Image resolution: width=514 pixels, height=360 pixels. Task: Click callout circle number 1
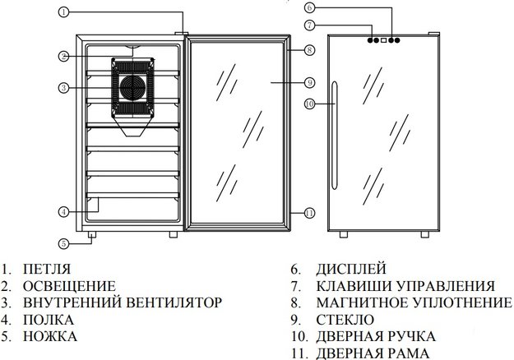[64, 13]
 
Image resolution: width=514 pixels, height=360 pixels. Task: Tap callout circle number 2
[64, 56]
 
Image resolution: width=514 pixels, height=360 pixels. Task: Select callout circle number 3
[64, 86]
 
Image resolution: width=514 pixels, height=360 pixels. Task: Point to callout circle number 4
[64, 212]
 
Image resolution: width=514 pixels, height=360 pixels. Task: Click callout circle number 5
[64, 242]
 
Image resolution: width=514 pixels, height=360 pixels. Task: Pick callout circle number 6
[309, 8]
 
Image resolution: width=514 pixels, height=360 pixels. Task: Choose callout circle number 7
[309, 24]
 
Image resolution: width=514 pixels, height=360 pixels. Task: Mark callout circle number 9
[309, 81]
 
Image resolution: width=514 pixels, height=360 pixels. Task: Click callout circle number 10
[309, 104]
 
